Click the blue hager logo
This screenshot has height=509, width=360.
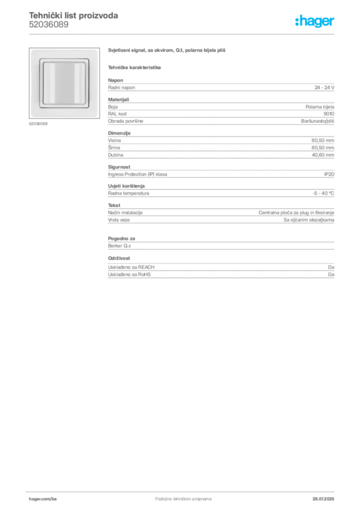click(316, 22)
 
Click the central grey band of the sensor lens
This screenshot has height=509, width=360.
click(64, 83)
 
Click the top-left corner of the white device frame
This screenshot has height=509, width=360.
click(32, 51)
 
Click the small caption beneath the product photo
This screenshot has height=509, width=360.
click(39, 124)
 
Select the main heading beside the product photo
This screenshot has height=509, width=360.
click(167, 50)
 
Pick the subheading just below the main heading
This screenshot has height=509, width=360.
click(135, 67)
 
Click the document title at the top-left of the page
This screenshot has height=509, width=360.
click(74, 16)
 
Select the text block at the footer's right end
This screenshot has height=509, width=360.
click(326, 496)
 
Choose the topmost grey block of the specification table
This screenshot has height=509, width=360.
click(221, 87)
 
